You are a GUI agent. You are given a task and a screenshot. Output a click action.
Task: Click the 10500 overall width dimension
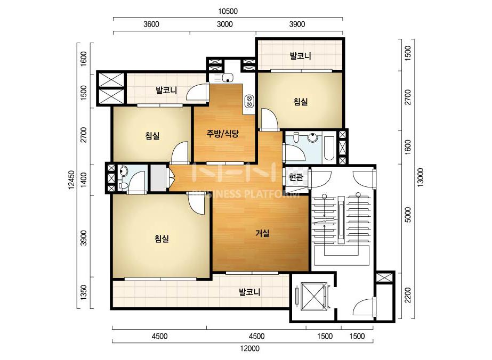228,11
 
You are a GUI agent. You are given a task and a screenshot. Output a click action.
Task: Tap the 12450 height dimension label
71,180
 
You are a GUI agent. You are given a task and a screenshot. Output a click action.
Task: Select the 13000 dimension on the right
420,177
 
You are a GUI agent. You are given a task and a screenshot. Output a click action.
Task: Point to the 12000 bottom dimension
250,348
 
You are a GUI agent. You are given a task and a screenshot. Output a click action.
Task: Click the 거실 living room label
262,233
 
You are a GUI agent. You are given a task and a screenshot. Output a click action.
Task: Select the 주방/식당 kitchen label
222,134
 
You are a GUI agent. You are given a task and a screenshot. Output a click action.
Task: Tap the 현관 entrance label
296,177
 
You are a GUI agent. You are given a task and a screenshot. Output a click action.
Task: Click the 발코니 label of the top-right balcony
300,56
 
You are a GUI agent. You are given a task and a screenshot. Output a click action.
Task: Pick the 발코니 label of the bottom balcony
249,292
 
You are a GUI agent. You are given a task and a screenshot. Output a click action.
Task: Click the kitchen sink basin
227,77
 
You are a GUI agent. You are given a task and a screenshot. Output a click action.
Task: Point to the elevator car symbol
312,296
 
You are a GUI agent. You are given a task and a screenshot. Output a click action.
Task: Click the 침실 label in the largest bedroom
162,239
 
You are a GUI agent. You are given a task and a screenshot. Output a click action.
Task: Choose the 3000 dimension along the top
224,24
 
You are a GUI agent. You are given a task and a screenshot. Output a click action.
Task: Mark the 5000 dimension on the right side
407,215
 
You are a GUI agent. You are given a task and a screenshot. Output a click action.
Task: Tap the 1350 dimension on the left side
84,292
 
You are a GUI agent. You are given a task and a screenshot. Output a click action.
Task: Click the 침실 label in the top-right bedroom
300,101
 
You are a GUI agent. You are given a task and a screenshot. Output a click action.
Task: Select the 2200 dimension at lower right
407,295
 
